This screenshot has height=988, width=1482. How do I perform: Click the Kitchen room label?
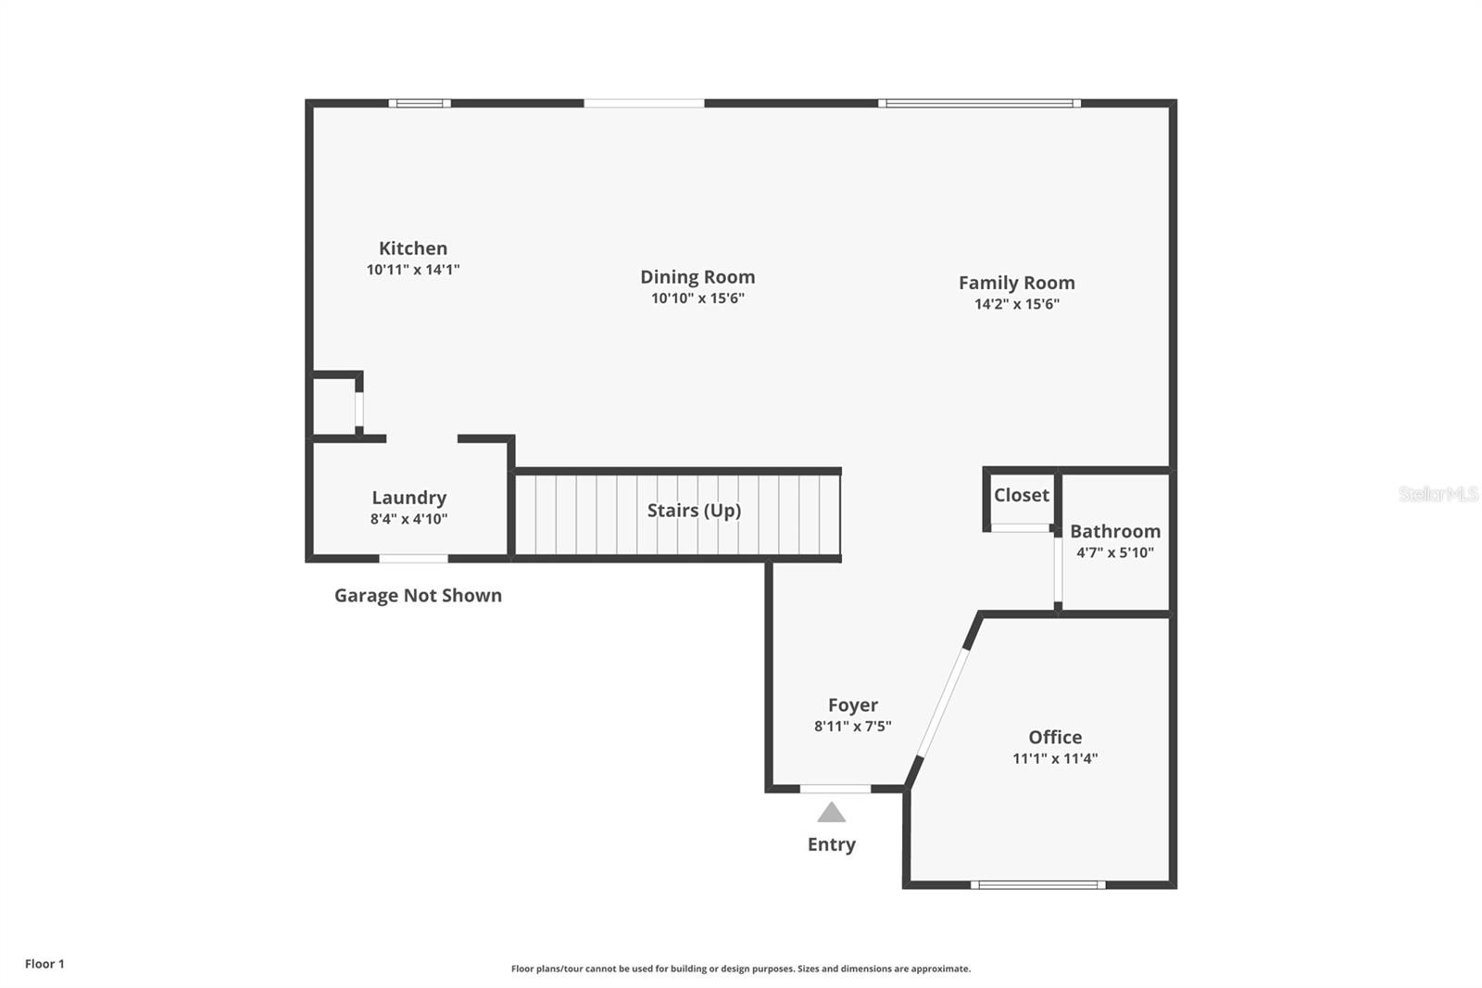tap(413, 248)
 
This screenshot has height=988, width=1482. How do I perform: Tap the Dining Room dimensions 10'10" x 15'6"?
tap(697, 298)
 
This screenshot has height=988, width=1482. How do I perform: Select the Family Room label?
tap(1017, 283)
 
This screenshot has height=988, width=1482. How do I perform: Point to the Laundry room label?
tap(408, 498)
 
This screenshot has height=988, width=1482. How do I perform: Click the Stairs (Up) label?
tap(694, 511)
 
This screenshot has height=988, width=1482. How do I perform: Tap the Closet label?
tap(1022, 495)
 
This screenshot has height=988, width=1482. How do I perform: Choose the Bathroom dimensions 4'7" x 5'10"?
tap(1115, 552)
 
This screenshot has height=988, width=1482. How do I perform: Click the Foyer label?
tap(853, 704)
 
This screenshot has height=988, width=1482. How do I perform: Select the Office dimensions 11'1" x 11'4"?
tap(1055, 758)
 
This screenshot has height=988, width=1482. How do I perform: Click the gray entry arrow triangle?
tap(831, 813)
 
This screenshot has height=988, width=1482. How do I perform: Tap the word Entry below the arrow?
tap(832, 844)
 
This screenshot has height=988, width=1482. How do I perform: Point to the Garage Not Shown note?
tap(418, 595)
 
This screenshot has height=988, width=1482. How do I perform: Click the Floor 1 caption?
tap(45, 964)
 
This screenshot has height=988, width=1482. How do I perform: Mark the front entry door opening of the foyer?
tap(835, 789)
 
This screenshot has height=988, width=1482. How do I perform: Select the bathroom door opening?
tap(1058, 569)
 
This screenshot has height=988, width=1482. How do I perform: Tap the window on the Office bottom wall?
tap(1038, 885)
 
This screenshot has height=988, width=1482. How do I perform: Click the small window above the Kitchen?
tap(420, 103)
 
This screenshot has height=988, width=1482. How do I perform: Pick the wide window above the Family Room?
tap(979, 103)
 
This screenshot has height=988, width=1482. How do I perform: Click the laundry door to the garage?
tap(413, 559)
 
